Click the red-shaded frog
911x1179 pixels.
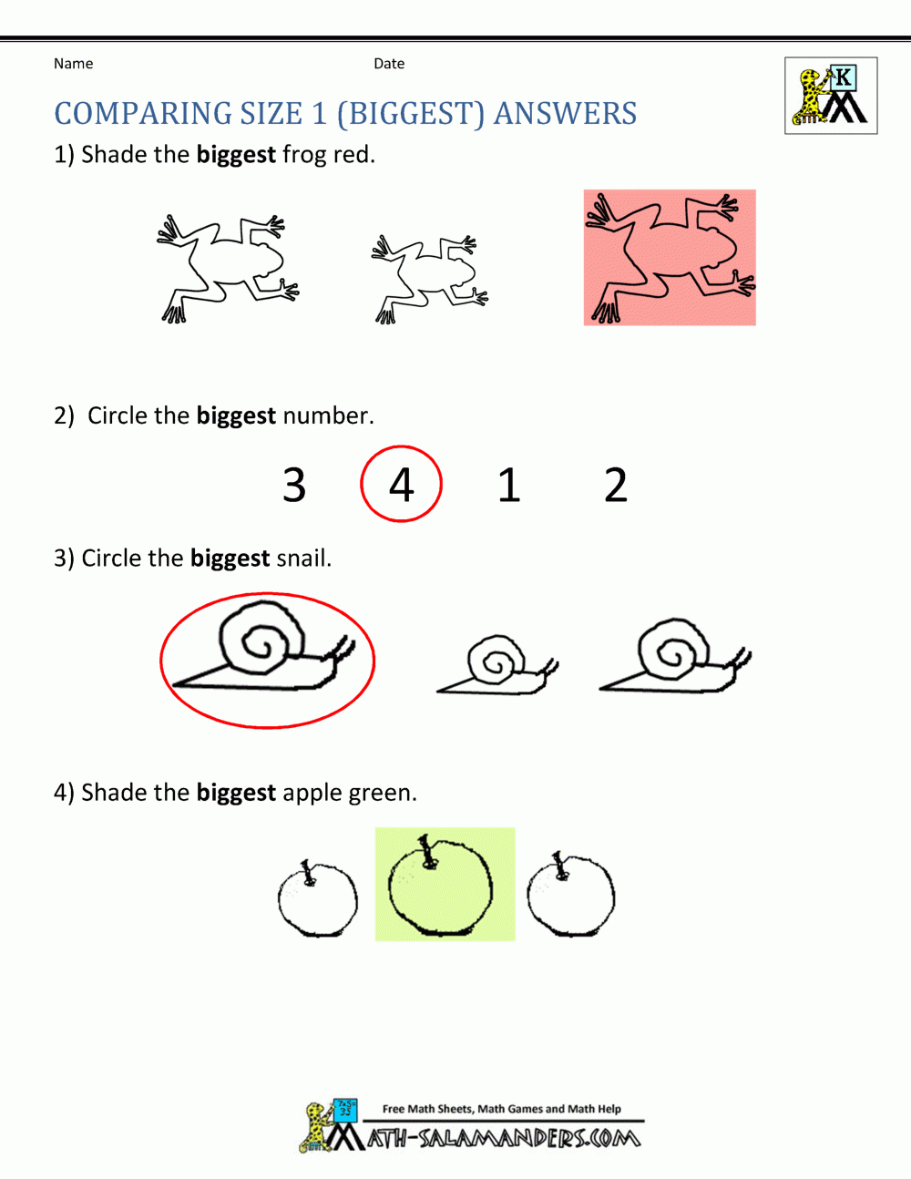pos(670,258)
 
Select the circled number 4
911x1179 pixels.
pos(401,484)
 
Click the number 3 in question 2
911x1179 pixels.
pos(293,485)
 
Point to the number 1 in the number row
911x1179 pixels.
pos(508,485)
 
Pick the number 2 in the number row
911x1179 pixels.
pos(616,485)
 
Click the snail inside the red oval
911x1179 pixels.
pos(264,651)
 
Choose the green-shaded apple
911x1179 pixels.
pos(443,886)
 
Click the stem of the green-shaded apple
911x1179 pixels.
pos(425,848)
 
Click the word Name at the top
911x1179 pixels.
pos(73,64)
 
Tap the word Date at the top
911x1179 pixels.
pos(389,64)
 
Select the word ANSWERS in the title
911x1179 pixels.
pos(565,114)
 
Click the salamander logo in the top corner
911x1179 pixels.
pos(831,96)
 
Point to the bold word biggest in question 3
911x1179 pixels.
pos(230,558)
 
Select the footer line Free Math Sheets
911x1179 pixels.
pos(501,1109)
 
